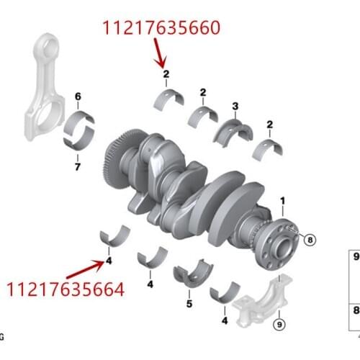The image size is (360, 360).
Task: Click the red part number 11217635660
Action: (x=161, y=29)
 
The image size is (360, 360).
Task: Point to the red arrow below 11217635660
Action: (x=161, y=52)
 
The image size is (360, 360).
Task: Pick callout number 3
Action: (x=235, y=107)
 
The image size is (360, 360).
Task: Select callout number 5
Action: (x=189, y=304)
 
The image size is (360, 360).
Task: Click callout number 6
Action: (x=78, y=96)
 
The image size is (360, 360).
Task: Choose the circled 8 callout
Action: (x=310, y=239)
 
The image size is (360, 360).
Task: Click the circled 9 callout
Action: (x=278, y=325)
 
